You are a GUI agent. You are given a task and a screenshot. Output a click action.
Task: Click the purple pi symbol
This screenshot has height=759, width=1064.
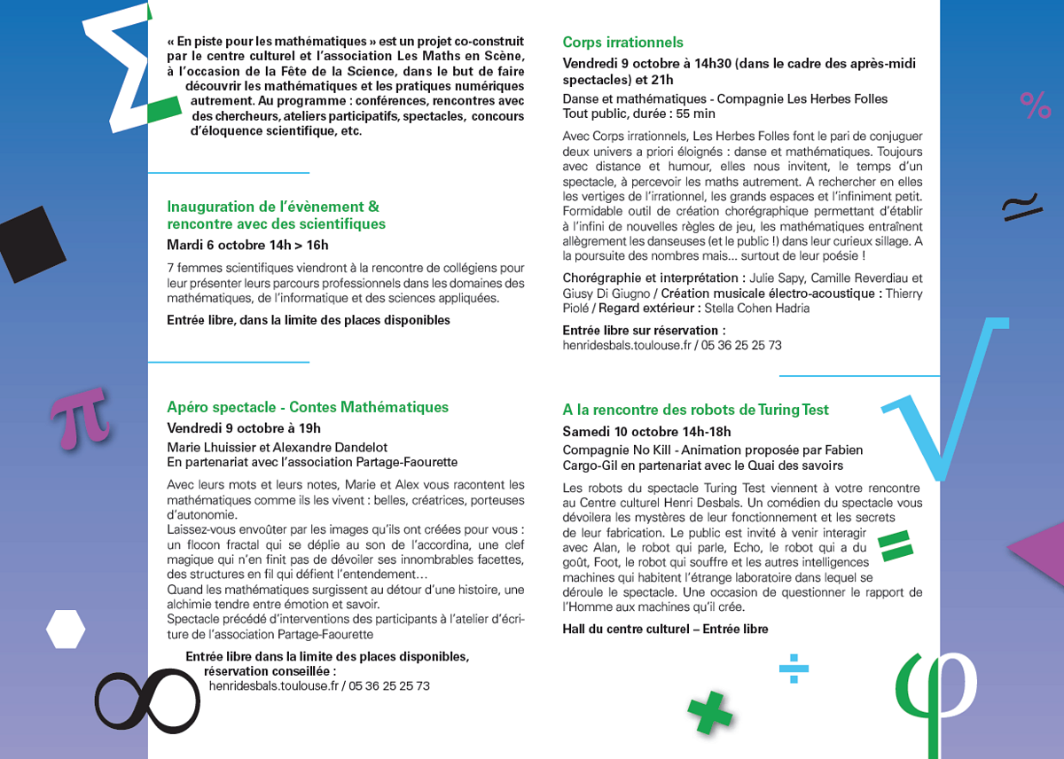81,419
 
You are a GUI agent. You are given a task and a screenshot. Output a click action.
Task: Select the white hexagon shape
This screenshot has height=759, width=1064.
66,629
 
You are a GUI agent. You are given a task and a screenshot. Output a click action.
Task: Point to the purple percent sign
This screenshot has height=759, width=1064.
1035,106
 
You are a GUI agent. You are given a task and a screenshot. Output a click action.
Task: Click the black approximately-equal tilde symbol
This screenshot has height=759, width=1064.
1021,206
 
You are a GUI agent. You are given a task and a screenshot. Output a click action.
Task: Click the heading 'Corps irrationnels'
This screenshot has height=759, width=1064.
622,43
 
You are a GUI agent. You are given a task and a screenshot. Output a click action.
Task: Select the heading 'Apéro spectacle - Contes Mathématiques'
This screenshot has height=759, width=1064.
308,407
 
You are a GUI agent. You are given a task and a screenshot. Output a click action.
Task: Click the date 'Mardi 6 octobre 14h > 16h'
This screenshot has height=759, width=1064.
247,245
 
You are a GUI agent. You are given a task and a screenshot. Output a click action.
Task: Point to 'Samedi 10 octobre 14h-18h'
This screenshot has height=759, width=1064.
646,431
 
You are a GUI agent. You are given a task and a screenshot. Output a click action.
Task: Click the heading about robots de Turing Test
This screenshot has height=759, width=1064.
695,410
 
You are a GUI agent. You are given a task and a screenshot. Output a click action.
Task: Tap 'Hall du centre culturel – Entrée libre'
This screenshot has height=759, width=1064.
665,629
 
